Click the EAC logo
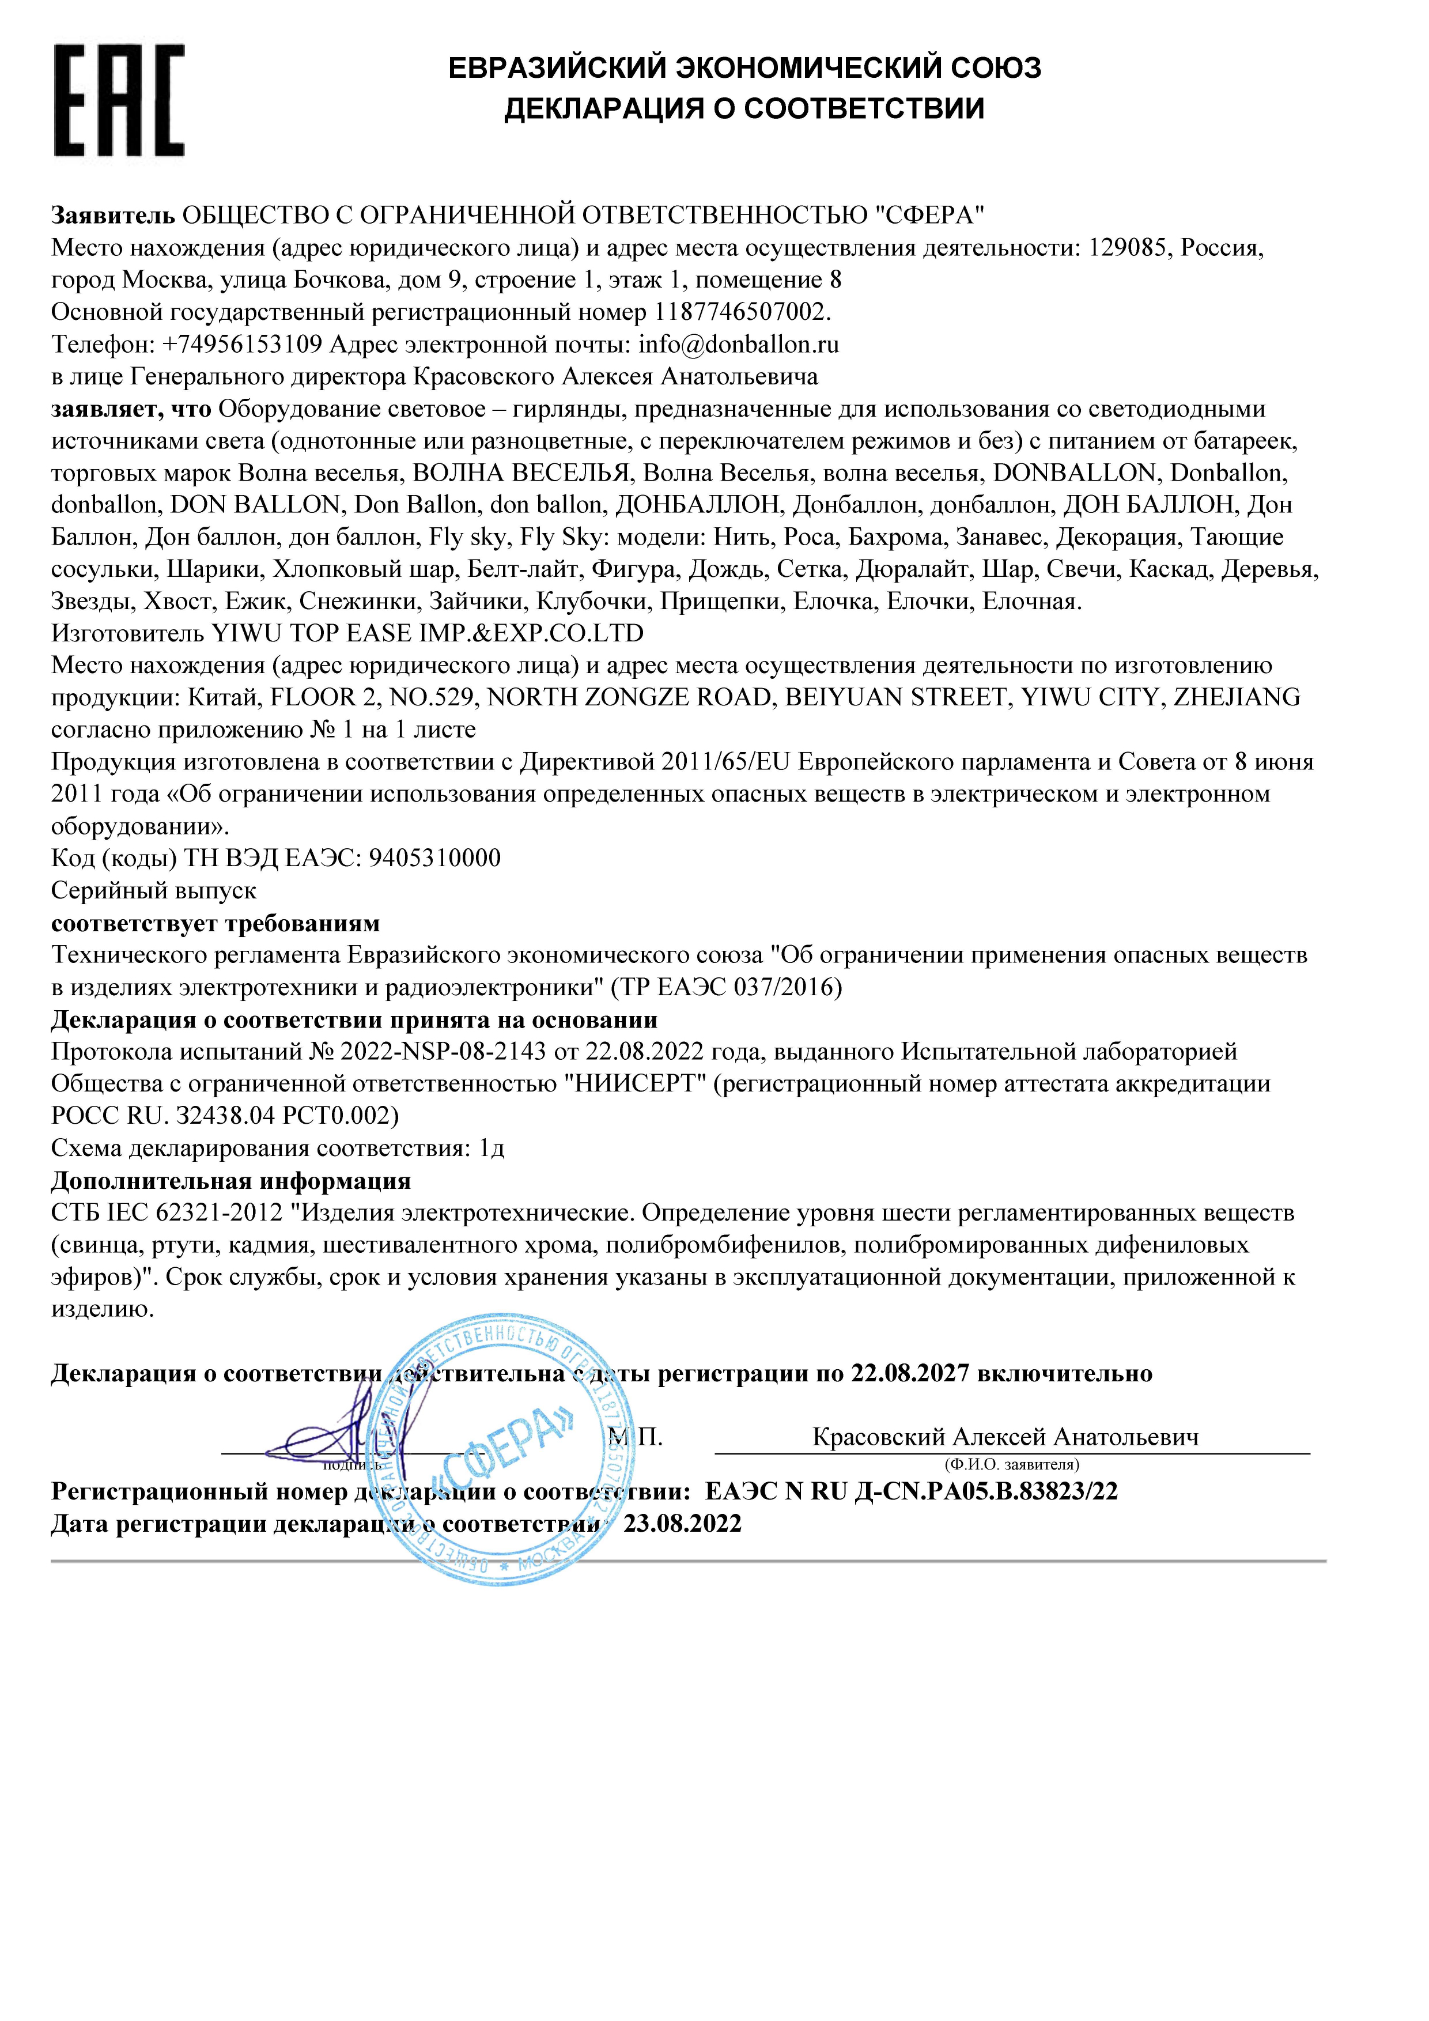pos(119,101)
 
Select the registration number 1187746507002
pos(740,312)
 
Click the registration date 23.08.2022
pos(683,1524)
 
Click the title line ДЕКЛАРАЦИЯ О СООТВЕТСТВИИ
pos(744,108)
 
